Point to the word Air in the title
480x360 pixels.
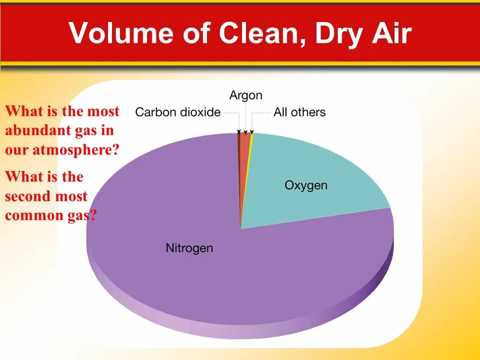[392, 33]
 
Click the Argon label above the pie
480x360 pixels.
[245, 95]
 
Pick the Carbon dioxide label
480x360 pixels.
[177, 112]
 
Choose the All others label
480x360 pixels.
[299, 112]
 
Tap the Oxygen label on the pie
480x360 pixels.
[306, 185]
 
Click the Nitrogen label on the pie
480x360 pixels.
[189, 248]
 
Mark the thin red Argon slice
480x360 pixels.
[244, 145]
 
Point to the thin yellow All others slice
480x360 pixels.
[250, 142]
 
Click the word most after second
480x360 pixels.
[71, 196]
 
